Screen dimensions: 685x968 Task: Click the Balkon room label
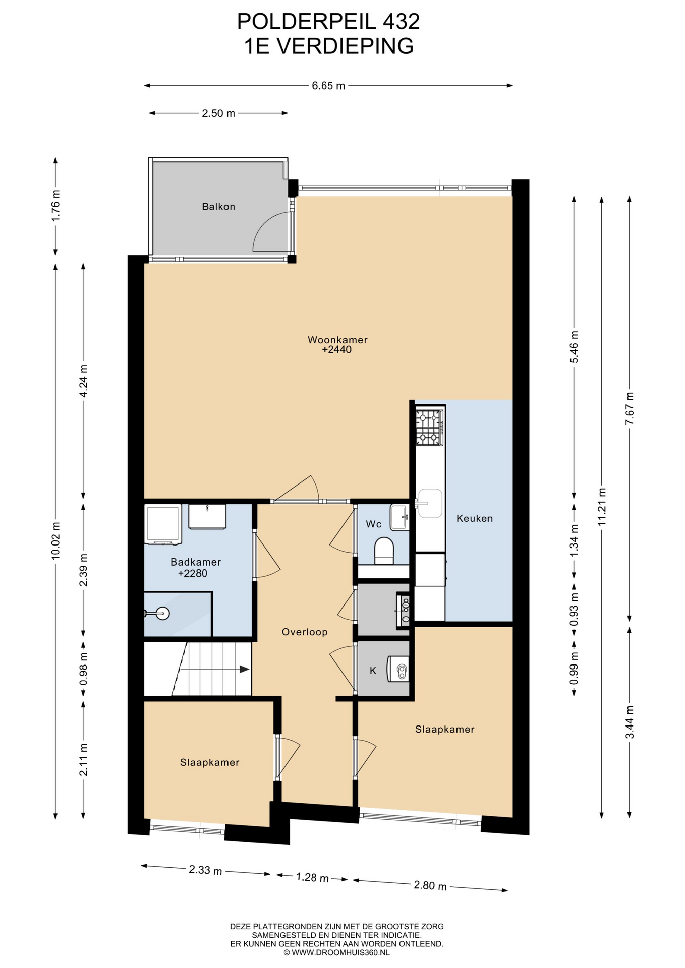(218, 207)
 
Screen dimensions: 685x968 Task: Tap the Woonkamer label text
(337, 340)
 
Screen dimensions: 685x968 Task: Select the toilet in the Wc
(384, 551)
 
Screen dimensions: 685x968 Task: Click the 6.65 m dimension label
(328, 86)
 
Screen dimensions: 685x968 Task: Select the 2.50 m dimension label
(218, 113)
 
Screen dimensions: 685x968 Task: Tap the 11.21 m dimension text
(601, 507)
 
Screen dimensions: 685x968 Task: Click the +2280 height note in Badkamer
(193, 573)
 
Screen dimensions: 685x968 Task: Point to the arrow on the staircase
(244, 669)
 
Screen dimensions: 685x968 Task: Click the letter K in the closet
(373, 671)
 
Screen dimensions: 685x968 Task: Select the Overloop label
(305, 632)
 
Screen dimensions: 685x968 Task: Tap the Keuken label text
(475, 518)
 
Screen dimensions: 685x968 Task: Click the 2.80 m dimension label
(430, 886)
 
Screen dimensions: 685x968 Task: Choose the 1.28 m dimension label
(312, 878)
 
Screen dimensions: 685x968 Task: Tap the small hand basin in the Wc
(399, 517)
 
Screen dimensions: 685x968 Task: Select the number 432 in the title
(401, 22)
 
